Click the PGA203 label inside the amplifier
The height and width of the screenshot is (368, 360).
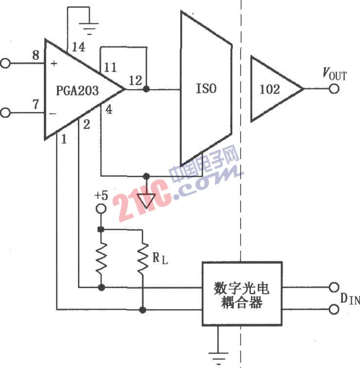77,91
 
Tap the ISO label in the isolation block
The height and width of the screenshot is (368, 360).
206,89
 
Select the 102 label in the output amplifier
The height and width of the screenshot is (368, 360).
269,89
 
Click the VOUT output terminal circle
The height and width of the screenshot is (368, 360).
334,89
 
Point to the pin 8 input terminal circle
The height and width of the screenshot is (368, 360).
5,63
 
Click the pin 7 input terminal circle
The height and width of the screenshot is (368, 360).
5,112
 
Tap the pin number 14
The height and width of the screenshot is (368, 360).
78,47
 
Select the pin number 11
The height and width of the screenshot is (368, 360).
110,67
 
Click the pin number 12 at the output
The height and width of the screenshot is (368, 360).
135,80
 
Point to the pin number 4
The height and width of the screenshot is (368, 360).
109,110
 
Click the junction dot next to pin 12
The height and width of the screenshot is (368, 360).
146,89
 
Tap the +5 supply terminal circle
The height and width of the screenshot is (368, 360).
101,209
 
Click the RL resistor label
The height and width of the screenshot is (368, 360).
160,258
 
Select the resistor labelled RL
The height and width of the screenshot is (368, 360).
143,258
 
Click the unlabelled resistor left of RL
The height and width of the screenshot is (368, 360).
101,258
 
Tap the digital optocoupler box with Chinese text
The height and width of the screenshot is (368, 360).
242,294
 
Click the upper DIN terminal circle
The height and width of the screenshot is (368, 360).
334,287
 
